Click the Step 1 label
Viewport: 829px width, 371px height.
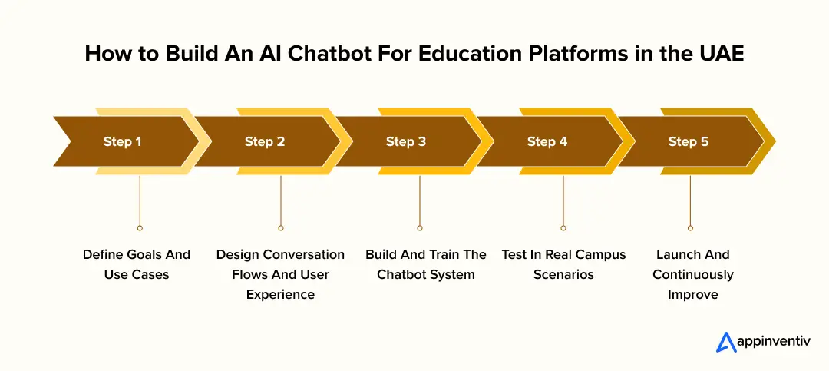point(123,141)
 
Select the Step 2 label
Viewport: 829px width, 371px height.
point(265,141)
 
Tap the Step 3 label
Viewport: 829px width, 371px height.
point(406,141)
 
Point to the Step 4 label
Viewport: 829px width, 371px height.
point(547,141)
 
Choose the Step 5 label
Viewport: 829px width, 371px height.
point(689,141)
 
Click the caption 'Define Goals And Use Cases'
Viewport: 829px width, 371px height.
point(137,264)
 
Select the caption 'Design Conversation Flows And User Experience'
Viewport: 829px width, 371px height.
point(280,274)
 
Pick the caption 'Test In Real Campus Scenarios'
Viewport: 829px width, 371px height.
point(563,264)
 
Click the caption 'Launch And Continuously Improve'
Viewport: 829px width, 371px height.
point(693,274)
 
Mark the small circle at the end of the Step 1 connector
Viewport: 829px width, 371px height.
point(139,227)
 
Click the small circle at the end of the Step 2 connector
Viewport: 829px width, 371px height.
point(281,227)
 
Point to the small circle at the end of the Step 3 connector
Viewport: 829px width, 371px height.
point(420,227)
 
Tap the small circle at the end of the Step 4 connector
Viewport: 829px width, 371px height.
point(563,227)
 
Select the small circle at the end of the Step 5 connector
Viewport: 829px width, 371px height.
point(690,227)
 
